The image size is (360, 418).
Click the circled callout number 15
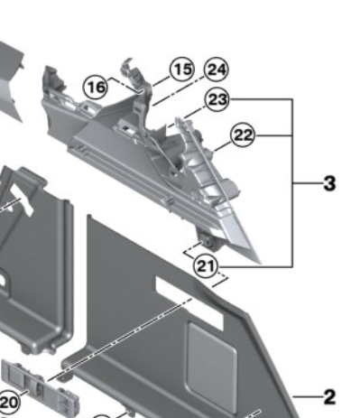pyautogui.click(x=182, y=70)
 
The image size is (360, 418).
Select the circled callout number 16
pyautogui.click(x=96, y=88)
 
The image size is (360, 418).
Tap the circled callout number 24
pyautogui.click(x=217, y=70)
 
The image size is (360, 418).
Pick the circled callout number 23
pyautogui.click(x=217, y=99)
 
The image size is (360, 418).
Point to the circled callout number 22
pyautogui.click(x=243, y=135)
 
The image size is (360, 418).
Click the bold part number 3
pyautogui.click(x=329, y=183)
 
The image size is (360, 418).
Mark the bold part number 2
pyautogui.click(x=329, y=397)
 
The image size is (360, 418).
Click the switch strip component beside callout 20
pyautogui.click(x=41, y=386)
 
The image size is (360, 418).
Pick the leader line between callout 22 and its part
pyautogui.click(x=222, y=146)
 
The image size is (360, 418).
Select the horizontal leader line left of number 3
pyautogui.click(x=308, y=183)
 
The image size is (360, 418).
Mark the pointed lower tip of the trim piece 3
pyautogui.click(x=261, y=263)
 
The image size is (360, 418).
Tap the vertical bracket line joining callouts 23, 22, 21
pyautogui.click(x=292, y=183)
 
